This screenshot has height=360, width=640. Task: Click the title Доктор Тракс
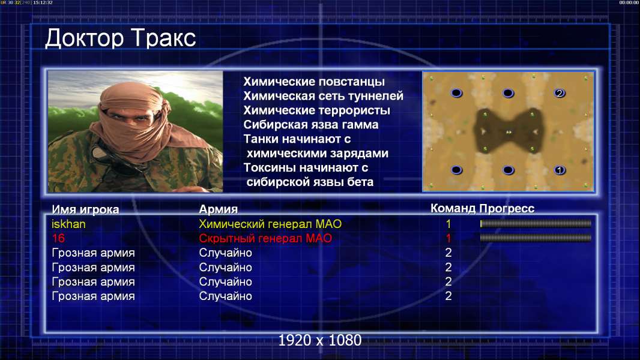tap(121, 39)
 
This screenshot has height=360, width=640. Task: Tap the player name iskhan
tap(68, 224)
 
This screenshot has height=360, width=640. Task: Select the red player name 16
tap(58, 238)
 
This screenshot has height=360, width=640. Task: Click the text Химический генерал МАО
tap(270, 224)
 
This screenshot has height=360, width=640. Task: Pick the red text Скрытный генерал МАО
tap(265, 238)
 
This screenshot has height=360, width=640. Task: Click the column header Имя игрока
tap(85, 209)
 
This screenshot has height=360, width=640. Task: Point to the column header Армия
tap(219, 209)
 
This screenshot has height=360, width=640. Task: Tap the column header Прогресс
tap(507, 208)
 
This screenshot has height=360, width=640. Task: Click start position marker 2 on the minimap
tap(560, 93)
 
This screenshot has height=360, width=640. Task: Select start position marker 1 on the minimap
tap(560, 170)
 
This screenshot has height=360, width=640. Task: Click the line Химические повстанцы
tap(314, 82)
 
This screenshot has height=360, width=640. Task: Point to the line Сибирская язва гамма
tap(311, 124)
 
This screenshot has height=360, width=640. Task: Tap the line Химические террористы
tap(317, 110)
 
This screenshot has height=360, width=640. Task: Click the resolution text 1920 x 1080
tap(320, 340)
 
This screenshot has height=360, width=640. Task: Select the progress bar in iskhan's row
tap(536, 223)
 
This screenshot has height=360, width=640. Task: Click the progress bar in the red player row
tap(536, 238)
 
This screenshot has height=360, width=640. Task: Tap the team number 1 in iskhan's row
tap(448, 224)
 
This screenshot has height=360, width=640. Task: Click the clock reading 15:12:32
tap(43, 2)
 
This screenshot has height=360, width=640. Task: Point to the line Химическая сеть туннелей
tap(323, 96)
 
